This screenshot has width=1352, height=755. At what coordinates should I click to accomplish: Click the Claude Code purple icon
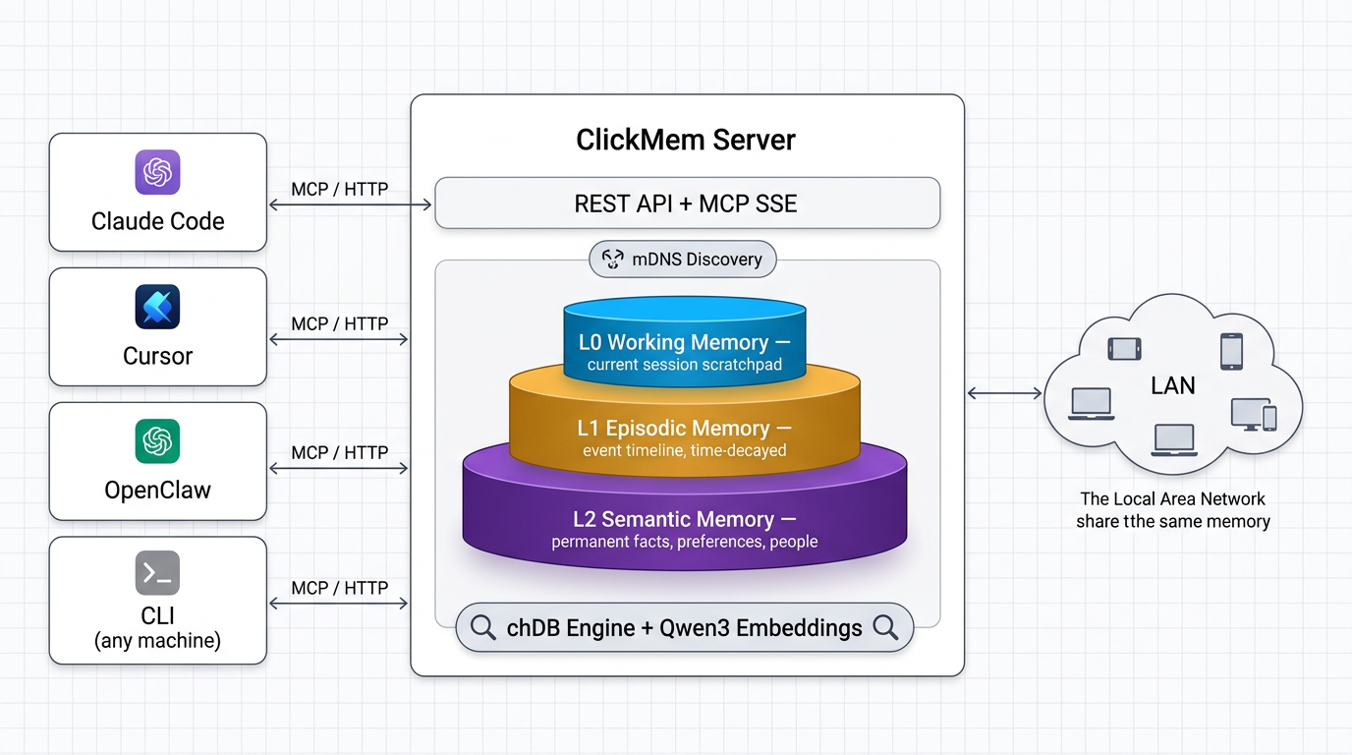[x=157, y=172]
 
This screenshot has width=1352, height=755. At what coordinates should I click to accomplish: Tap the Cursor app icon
[x=157, y=307]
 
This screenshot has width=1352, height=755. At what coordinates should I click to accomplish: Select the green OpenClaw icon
[x=157, y=441]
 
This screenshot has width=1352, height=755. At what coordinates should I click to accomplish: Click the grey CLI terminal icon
[x=157, y=574]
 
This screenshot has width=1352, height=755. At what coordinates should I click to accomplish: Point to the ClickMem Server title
[x=686, y=140]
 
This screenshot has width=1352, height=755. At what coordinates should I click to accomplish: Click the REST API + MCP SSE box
[x=687, y=203]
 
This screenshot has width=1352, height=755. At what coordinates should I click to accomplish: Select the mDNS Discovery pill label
[x=683, y=260]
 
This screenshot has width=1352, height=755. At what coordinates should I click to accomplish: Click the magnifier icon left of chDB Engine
[x=482, y=627]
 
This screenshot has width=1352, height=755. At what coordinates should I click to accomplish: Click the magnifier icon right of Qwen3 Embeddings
[x=885, y=627]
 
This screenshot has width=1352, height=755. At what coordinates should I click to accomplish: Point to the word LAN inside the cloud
[x=1172, y=385]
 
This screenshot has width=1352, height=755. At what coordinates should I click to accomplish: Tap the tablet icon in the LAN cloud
[x=1124, y=349]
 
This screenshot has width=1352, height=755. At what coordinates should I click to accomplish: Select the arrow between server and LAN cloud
[x=1004, y=393]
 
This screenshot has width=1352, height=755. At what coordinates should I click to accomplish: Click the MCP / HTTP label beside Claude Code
[x=339, y=189]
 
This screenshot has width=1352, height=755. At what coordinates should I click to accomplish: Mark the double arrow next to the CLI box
[x=339, y=604]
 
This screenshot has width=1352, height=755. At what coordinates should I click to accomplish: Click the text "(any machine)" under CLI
[x=157, y=641]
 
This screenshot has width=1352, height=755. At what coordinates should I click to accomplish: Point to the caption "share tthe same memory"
[x=1172, y=522]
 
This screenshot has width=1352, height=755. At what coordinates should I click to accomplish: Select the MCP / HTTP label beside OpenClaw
[x=339, y=452]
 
